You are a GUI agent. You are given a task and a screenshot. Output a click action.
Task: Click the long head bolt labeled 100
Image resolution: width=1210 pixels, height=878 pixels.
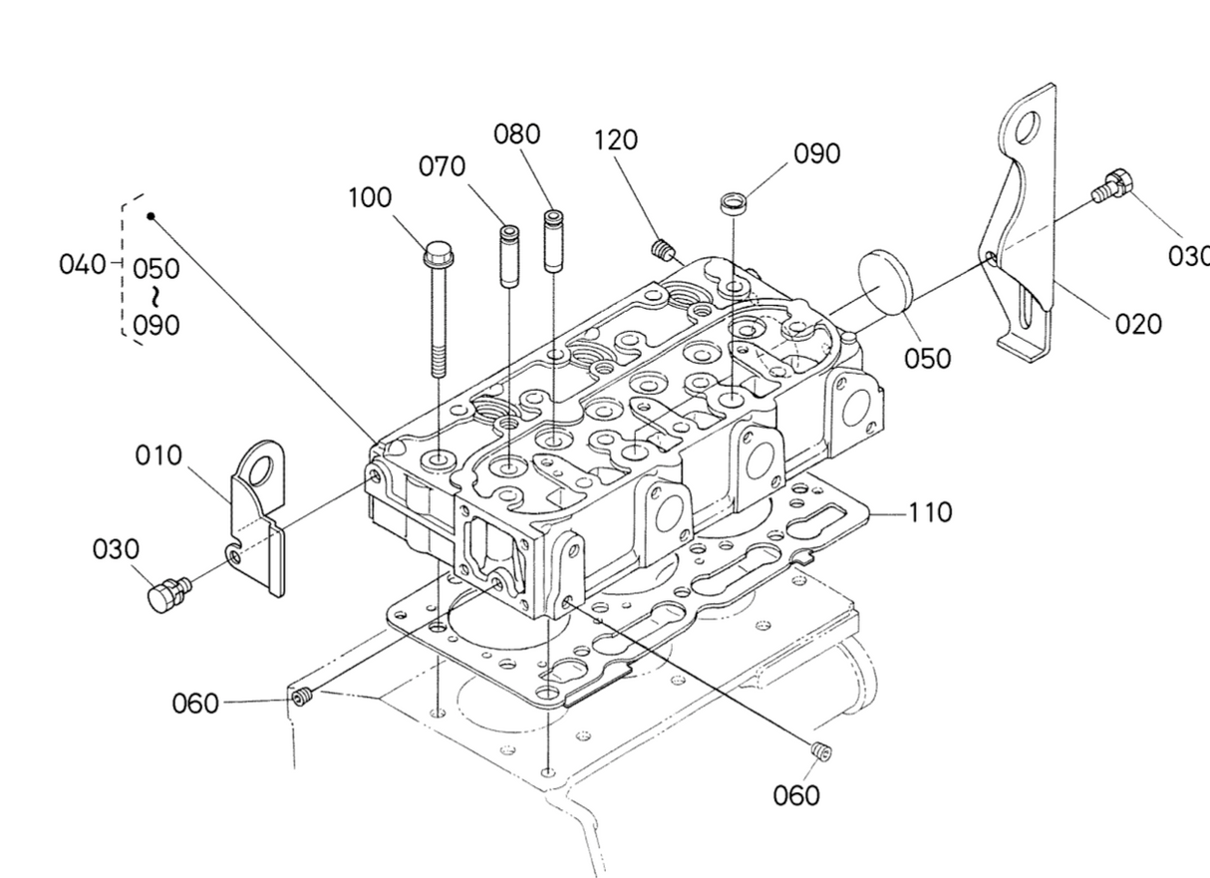pyautogui.click(x=438, y=309)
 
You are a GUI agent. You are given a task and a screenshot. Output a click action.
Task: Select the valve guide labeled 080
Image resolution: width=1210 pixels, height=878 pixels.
pyautogui.click(x=551, y=239)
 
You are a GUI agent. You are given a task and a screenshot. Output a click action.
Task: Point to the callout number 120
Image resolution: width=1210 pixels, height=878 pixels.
pyautogui.click(x=615, y=141)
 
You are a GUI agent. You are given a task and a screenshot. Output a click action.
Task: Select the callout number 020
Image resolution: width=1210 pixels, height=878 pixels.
pyautogui.click(x=1138, y=324)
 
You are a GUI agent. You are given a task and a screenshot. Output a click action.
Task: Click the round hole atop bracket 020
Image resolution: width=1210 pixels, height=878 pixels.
pyautogui.click(x=1027, y=128)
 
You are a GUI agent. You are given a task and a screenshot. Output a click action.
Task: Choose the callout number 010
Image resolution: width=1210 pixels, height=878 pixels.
pyautogui.click(x=159, y=455)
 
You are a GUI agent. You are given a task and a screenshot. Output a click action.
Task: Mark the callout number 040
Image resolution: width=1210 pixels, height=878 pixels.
pyautogui.click(x=82, y=265)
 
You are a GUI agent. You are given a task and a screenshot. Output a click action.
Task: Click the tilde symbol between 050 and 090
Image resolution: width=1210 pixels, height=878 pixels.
pyautogui.click(x=155, y=296)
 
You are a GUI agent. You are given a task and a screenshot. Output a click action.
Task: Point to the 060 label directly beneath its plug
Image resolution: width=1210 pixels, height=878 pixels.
pyautogui.click(x=796, y=795)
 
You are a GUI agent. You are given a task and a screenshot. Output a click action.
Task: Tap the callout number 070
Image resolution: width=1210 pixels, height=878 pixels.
pyautogui.click(x=442, y=166)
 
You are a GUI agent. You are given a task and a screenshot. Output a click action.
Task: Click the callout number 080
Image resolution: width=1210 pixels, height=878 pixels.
pyautogui.click(x=517, y=134)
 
